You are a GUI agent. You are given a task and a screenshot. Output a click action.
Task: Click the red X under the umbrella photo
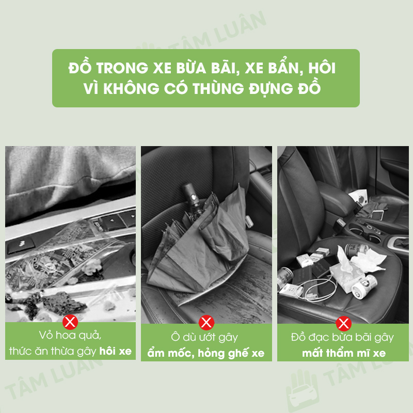point(206,322)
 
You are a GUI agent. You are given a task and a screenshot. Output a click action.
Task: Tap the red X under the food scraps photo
point(70,322)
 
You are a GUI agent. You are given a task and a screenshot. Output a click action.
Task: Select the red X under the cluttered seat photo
point(343,324)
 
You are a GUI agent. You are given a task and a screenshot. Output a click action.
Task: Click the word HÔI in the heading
point(322,68)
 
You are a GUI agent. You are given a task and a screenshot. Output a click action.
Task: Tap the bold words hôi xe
point(115,351)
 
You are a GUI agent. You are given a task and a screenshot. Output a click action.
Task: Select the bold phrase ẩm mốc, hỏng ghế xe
point(206,353)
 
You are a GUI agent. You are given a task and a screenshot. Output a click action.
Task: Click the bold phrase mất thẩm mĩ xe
point(344,353)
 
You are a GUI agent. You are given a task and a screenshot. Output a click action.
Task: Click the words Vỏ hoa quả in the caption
point(70,336)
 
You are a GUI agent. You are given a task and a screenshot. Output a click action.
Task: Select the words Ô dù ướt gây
point(204,338)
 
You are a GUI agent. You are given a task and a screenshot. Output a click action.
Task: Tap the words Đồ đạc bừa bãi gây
point(342,338)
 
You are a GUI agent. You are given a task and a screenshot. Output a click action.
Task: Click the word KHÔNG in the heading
point(131,88)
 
